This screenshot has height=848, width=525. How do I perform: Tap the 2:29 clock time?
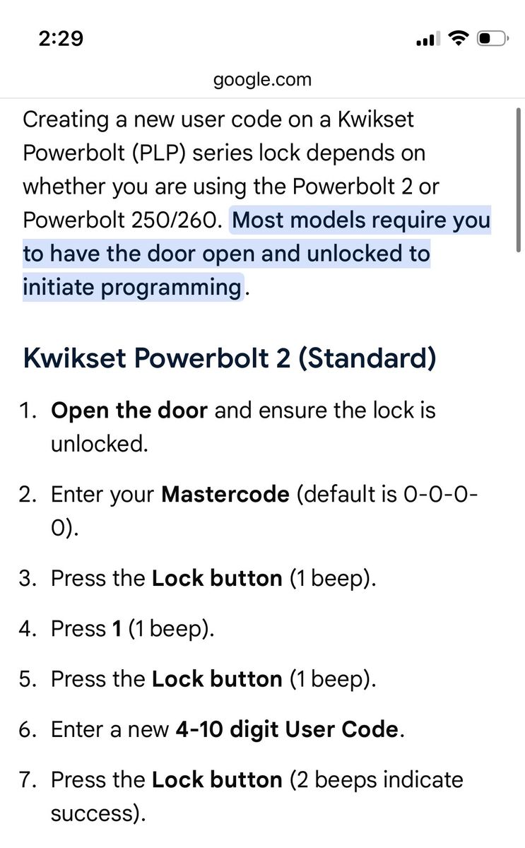pyautogui.click(x=61, y=39)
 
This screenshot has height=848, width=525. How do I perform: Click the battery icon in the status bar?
pyautogui.click(x=492, y=39)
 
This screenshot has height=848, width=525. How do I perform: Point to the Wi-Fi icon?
pyautogui.click(x=459, y=38)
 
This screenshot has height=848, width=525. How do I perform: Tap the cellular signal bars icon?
pyautogui.click(x=428, y=39)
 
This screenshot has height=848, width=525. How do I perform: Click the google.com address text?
pyautogui.click(x=262, y=80)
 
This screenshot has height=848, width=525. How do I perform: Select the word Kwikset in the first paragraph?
pyautogui.click(x=375, y=119)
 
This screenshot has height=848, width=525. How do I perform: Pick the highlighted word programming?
pyautogui.click(x=171, y=288)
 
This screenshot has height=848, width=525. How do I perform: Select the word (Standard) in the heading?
pyautogui.click(x=367, y=358)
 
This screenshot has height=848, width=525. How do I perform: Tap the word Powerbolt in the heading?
pyautogui.click(x=201, y=358)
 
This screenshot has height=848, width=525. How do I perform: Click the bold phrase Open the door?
pyautogui.click(x=129, y=411)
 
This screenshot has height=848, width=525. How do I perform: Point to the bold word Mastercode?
pyautogui.click(x=225, y=495)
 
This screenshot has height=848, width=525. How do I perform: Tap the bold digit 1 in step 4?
pyautogui.click(x=117, y=629)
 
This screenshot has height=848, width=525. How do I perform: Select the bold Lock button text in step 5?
pyautogui.click(x=217, y=679)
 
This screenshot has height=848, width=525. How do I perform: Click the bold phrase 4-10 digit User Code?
pyautogui.click(x=287, y=729)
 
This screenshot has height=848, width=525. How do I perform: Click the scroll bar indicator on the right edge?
pyautogui.click(x=518, y=179)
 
